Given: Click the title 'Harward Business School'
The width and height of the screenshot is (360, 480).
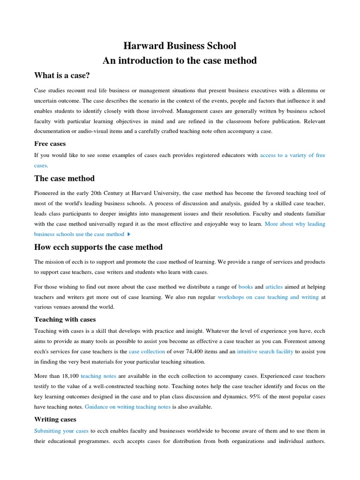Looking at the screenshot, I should [x=180, y=46].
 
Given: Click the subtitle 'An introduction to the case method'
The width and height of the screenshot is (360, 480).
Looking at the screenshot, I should [x=180, y=60].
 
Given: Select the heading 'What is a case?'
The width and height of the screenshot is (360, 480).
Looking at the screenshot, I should [x=62, y=75].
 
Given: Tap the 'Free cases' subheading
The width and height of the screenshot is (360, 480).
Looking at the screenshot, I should [x=50, y=143].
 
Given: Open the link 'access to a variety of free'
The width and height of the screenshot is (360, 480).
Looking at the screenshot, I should [x=292, y=155].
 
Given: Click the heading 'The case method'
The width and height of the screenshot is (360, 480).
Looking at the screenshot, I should [x=65, y=179].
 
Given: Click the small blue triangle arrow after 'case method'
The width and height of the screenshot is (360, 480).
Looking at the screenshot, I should [x=129, y=234].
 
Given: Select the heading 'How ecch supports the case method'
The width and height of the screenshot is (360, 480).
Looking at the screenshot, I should [x=98, y=247].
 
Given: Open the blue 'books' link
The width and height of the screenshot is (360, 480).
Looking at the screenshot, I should [x=246, y=286].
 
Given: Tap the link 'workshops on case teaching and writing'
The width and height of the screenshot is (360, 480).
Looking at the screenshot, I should [x=268, y=297].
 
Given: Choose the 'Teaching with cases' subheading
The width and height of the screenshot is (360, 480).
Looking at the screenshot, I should [x=65, y=319].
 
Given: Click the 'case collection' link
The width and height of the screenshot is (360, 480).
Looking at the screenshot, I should [x=147, y=351].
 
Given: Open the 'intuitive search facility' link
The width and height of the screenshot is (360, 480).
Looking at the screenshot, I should [x=265, y=351].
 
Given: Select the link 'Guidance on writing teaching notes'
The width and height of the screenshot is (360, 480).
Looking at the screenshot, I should [x=127, y=407].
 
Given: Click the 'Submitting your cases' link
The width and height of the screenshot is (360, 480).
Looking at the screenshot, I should [x=61, y=431].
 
